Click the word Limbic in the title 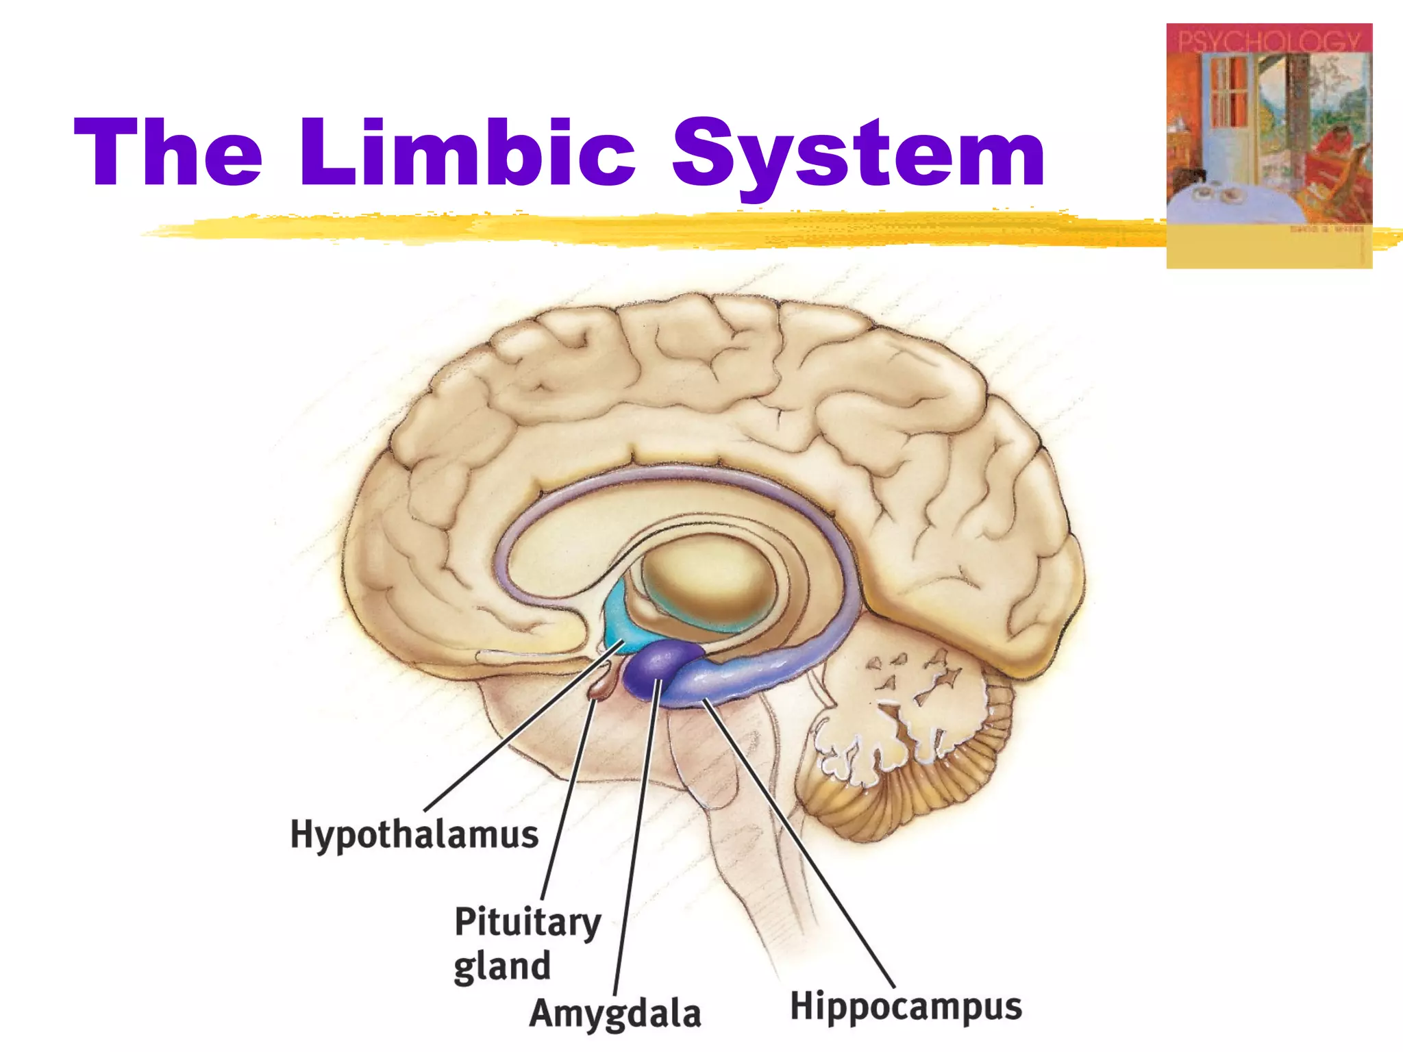point(467,152)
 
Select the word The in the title point(169,152)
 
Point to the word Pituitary point(527,923)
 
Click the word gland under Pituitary point(502,966)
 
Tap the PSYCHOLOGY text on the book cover point(1268,41)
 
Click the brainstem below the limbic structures point(740,856)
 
